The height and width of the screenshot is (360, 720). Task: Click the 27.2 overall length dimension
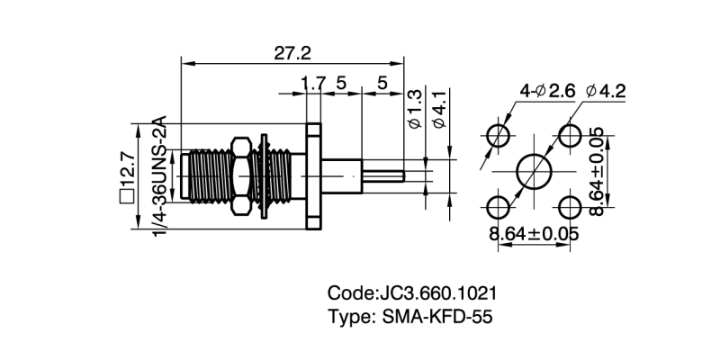pos(294,53)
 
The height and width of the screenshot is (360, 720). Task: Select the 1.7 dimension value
pos(313,84)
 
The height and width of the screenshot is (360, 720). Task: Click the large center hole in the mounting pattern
pos(534,171)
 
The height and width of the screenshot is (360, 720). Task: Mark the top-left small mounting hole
pos(498,136)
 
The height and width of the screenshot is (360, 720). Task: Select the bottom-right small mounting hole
pos(570,207)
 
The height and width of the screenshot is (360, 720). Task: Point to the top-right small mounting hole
pos(570,136)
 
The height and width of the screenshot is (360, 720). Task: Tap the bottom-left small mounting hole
pos(498,207)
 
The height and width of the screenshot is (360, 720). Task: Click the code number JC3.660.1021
pos(438,294)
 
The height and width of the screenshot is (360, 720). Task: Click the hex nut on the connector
pos(241,175)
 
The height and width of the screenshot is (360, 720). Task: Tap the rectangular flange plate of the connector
pos(313,175)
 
